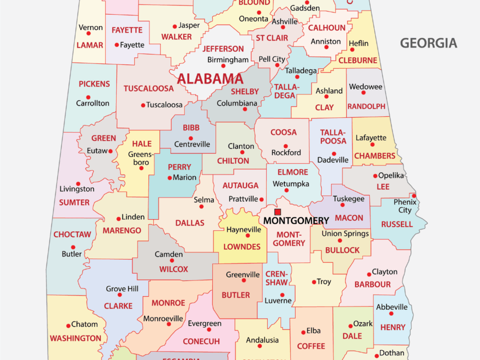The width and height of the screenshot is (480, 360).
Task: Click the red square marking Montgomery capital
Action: tap(278, 212)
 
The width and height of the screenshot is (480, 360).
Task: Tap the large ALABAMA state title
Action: tap(210, 79)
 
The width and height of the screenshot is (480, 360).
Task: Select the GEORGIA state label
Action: tap(428, 43)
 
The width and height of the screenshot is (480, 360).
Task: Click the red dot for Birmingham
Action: tap(223, 66)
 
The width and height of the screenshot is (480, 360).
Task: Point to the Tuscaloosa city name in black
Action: tap(165, 105)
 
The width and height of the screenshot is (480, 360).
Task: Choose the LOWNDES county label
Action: tap(242, 247)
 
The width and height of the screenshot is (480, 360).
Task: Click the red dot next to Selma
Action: tap(202, 207)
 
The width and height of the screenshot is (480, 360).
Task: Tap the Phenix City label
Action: tap(405, 206)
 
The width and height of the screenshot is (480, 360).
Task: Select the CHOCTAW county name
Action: tap(72, 235)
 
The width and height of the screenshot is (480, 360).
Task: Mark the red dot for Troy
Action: tap(314, 282)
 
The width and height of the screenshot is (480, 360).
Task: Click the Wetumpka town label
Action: tap(291, 184)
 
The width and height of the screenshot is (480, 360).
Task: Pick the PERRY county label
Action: tap(179, 167)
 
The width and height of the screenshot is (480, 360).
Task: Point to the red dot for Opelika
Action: tap(375, 176)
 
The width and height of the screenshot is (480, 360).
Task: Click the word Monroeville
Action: tap(163, 319)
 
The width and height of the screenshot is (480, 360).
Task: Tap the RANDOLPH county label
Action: tap(366, 106)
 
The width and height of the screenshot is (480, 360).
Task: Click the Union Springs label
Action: tap(345, 233)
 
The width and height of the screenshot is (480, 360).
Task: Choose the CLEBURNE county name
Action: tap(358, 61)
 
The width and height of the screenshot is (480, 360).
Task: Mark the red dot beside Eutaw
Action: tap(110, 151)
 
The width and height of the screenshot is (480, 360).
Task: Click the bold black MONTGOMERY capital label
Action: tap(296, 221)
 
